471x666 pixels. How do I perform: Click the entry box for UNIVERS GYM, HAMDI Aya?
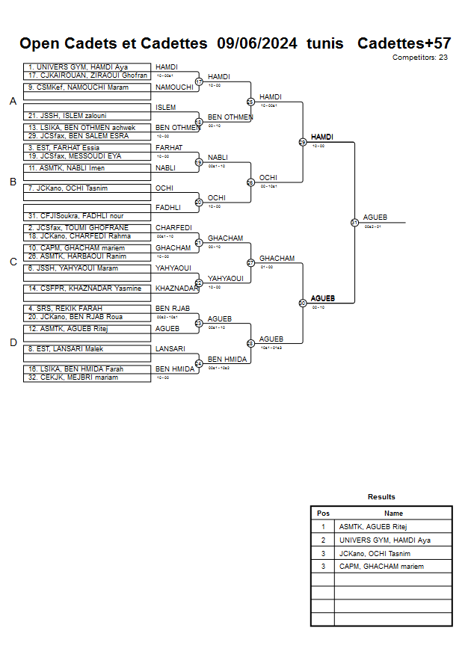(86, 67)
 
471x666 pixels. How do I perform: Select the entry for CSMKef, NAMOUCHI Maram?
(86, 87)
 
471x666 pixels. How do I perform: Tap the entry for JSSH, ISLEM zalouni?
(86, 116)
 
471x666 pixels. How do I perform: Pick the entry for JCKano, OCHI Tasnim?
(86, 188)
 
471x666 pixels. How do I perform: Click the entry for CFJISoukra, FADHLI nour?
(86, 216)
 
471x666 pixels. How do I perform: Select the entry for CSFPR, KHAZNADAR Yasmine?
(86, 289)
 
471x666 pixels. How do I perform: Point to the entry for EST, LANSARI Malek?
(86, 349)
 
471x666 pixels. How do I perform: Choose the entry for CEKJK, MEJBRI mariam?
(86, 377)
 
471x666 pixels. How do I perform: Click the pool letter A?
(13, 102)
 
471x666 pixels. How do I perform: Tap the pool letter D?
(13, 343)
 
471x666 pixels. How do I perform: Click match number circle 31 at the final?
(354, 222)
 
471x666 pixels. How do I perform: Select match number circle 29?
(303, 142)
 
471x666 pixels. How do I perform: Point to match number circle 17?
(199, 81)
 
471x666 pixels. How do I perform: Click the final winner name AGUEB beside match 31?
(375, 218)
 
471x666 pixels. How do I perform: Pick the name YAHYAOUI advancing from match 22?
(226, 278)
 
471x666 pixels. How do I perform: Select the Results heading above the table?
(381, 497)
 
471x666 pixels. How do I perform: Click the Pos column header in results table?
(323, 514)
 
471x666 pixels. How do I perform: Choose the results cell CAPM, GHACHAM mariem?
(381, 567)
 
